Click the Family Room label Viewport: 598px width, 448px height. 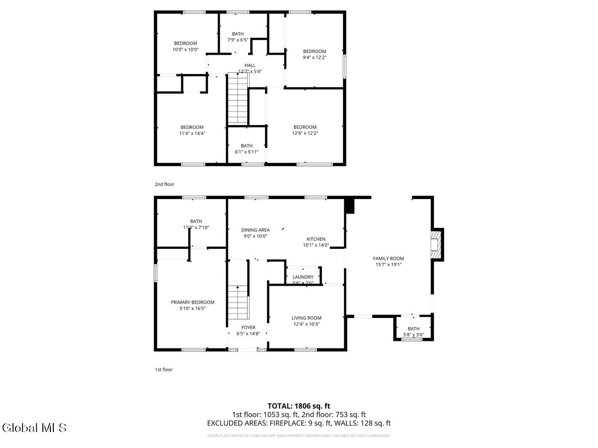coord(388,258)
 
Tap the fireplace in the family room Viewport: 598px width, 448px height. coord(437,244)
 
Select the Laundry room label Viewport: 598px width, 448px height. coord(303,277)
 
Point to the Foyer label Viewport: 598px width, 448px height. coord(248,328)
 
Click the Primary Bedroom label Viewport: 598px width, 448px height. coord(192,302)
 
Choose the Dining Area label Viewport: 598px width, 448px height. coord(255,230)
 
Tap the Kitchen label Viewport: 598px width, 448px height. coord(316,239)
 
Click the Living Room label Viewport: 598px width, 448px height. coord(306,318)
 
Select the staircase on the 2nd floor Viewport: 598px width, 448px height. coord(238,99)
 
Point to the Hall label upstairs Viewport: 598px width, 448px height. coord(250,65)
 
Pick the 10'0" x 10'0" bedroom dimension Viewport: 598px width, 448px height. coord(185,49)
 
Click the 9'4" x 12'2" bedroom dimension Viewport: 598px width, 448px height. coord(314,57)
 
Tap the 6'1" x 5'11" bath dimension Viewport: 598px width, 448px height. coord(247,152)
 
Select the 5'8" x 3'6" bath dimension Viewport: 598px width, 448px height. coord(414,335)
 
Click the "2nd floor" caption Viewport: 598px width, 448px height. coord(164,184)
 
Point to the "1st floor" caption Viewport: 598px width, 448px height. coord(163,369)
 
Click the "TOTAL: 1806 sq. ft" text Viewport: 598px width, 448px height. coord(299,406)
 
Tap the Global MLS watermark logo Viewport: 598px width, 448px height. coord(34,427)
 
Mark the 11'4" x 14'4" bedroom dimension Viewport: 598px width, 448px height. coord(192,133)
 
